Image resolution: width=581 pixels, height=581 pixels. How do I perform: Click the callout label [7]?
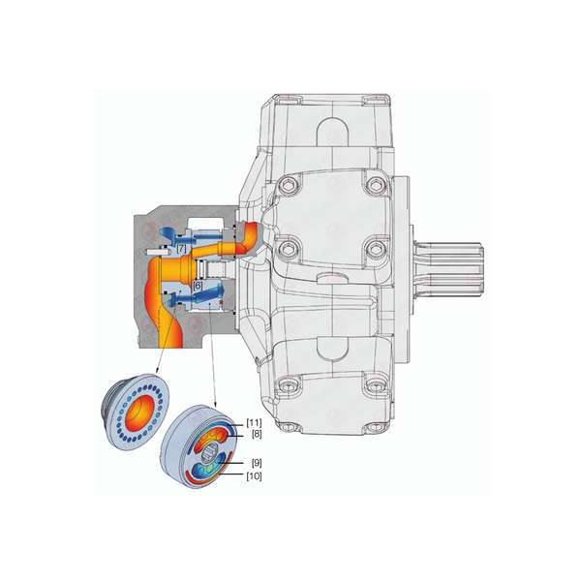[x=182, y=249]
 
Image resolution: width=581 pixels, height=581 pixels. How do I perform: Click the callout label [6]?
[x=199, y=286]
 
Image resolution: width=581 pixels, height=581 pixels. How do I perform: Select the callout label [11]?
[x=254, y=422]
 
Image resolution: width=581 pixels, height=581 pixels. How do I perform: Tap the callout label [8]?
[x=257, y=434]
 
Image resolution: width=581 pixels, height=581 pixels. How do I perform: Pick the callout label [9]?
[x=257, y=463]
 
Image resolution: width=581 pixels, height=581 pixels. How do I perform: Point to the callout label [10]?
[x=254, y=476]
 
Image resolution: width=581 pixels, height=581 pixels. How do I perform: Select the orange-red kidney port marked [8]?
[x=210, y=436]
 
